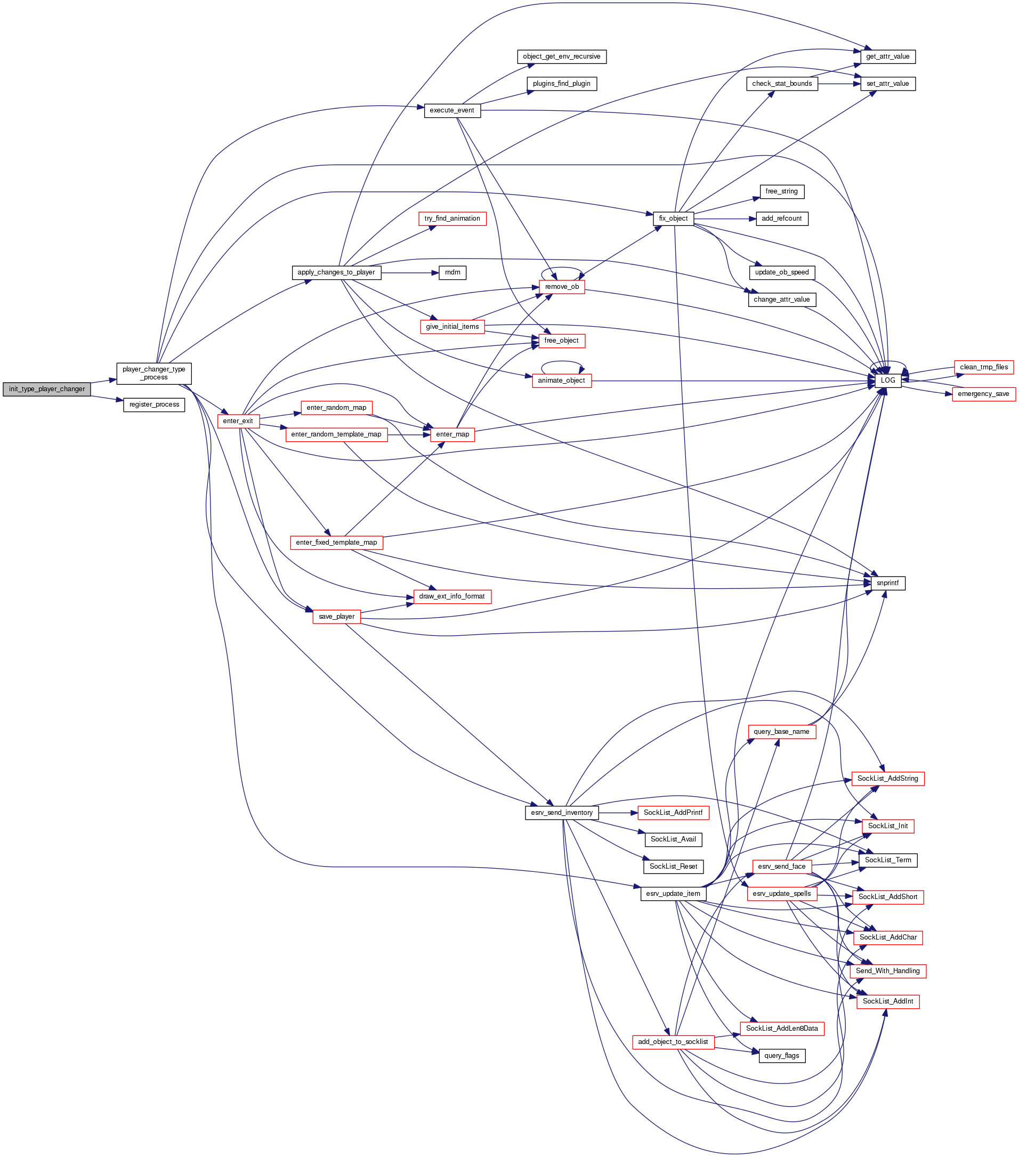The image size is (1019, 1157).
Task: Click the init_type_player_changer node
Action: point(46,389)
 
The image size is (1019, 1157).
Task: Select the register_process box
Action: point(154,404)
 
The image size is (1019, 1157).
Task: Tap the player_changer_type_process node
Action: point(154,373)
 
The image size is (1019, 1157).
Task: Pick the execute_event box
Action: point(452,110)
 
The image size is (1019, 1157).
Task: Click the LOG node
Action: point(888,381)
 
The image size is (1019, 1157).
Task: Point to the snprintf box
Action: point(887,583)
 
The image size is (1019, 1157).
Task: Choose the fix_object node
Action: point(673,219)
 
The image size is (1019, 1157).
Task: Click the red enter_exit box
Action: point(238,421)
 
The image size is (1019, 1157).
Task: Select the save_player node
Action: point(336,617)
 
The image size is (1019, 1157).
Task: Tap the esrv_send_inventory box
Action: point(562,813)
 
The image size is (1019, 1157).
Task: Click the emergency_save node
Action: point(983,394)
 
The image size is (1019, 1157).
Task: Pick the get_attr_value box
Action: point(888,56)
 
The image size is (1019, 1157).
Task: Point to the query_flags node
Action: point(781,1056)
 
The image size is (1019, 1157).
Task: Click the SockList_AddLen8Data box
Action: point(781,1029)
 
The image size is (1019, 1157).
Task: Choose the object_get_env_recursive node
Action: point(562,56)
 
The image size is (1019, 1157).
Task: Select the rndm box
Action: point(452,272)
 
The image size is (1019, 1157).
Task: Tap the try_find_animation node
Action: point(452,219)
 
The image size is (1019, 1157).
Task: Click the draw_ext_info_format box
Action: point(452,596)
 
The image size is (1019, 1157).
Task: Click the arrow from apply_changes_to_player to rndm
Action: point(410,273)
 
